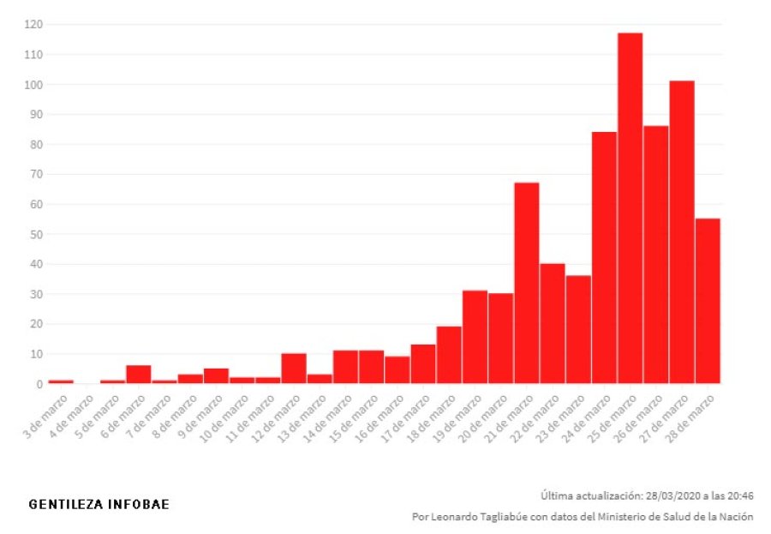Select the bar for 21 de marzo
[526, 283]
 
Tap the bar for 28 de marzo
[708, 301]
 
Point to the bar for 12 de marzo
[294, 369]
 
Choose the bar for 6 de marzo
[139, 375]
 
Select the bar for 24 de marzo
[604, 257]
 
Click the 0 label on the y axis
[39, 384]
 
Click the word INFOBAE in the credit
[139, 504]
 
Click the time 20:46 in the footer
[739, 495]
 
